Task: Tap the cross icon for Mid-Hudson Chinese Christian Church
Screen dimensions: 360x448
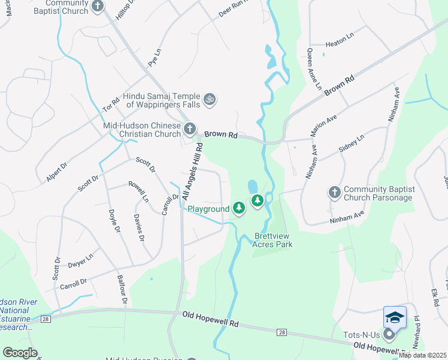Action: tap(190, 128)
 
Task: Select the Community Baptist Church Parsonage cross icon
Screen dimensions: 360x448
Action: tap(335, 192)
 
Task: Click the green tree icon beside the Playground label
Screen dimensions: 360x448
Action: tap(239, 208)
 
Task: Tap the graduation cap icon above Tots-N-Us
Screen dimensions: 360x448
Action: tap(395, 317)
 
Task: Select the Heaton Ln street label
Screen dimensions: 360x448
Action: tap(340, 44)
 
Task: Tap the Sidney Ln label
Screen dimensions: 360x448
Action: tap(352, 145)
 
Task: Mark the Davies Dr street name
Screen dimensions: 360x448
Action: tap(140, 228)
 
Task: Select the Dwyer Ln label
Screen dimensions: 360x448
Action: tap(80, 259)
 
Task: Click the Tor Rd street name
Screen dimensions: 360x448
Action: tap(111, 105)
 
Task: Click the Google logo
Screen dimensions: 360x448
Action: tap(20, 353)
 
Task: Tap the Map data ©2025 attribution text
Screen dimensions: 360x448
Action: tap(423, 355)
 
